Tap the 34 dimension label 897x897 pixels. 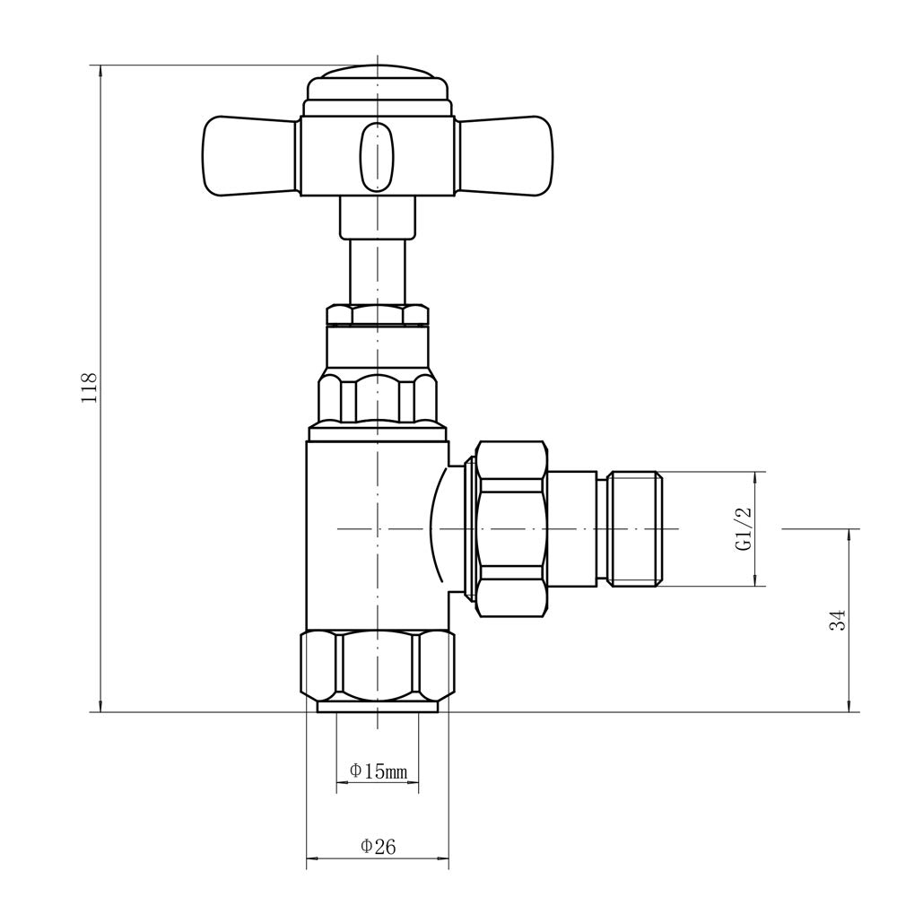point(837,620)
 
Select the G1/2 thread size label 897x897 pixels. point(744,529)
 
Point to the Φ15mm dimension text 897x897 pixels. point(378,771)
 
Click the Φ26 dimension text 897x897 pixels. point(378,846)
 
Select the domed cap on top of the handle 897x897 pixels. point(377,88)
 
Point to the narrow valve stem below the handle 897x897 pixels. point(377,274)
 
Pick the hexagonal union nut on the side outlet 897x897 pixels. point(511,529)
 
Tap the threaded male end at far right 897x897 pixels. point(635,529)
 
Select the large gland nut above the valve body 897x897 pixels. point(377,395)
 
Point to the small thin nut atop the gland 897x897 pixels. point(377,315)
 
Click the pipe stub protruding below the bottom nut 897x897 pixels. point(378,707)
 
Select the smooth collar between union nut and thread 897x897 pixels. point(571,529)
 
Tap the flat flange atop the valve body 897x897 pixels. point(377,432)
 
